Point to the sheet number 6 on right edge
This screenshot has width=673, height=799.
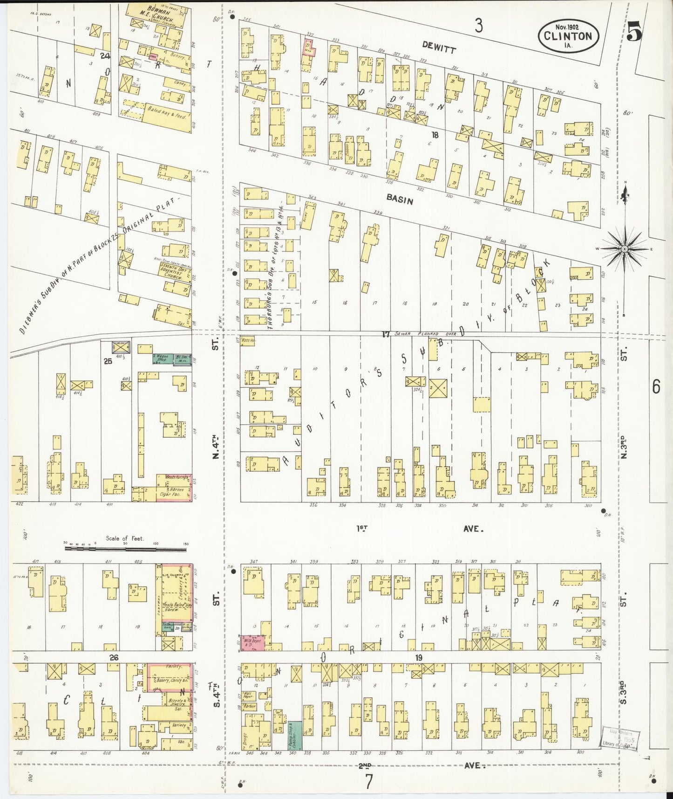coord(656,387)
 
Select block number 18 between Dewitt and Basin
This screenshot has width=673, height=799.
coord(435,135)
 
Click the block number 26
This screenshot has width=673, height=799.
coord(113,657)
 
